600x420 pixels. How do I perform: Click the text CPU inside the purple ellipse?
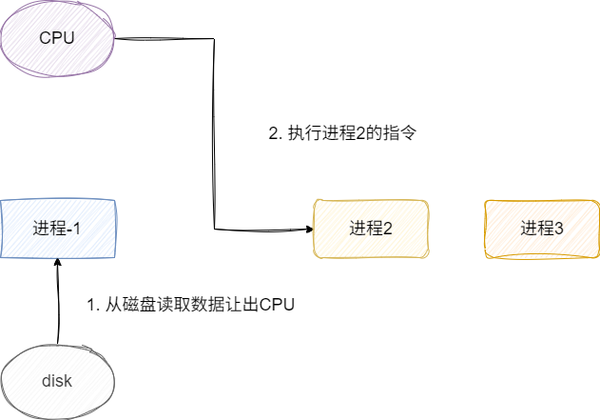tap(57, 38)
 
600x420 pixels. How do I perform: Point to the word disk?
tap(57, 382)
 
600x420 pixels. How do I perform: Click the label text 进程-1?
tap(57, 229)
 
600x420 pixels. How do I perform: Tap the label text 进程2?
tap(371, 229)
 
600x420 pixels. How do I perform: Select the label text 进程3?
tap(542, 229)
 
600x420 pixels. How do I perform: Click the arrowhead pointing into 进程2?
tap(308, 230)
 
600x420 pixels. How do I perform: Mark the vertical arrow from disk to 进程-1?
tap(57, 305)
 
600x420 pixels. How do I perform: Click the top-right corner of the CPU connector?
tap(214, 39)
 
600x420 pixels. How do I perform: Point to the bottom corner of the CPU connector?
tap(214, 230)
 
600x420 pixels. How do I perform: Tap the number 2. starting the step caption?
tap(275, 133)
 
